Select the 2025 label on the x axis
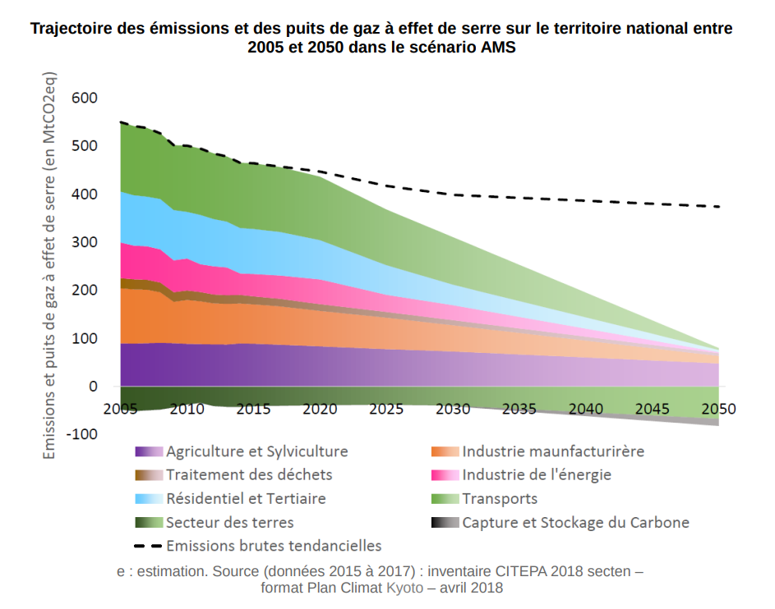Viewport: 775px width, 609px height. click(x=385, y=409)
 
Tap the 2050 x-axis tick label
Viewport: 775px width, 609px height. click(x=719, y=409)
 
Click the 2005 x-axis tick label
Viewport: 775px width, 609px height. click(x=120, y=409)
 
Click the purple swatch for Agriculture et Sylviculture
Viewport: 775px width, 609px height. click(x=149, y=451)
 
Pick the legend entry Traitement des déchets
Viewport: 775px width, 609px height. click(x=249, y=474)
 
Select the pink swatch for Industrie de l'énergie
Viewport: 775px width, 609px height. click(x=445, y=474)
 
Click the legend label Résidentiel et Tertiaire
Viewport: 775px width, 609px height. click(x=246, y=498)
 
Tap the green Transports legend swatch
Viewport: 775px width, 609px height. click(x=445, y=498)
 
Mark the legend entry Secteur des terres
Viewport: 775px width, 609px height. click(x=229, y=522)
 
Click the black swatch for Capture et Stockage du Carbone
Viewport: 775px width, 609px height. click(x=445, y=522)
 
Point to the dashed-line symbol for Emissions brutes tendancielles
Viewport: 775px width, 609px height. click(x=149, y=546)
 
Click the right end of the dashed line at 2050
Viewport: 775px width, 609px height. click(x=719, y=207)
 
